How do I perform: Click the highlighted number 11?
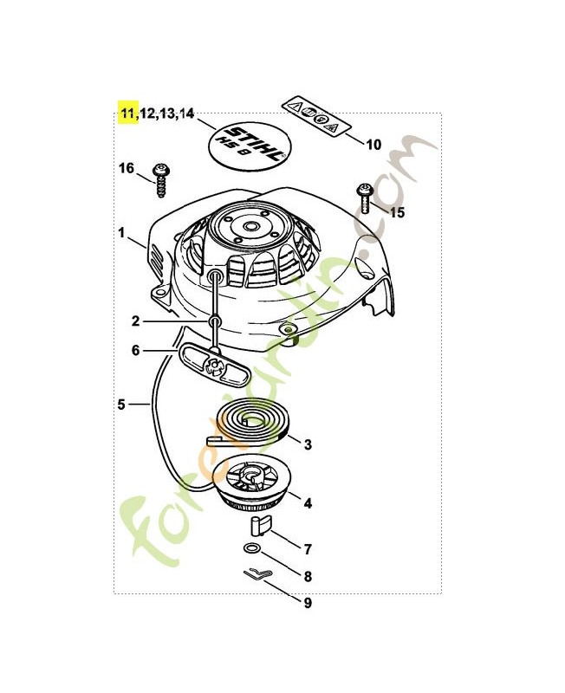[128, 113]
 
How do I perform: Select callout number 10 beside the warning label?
[373, 145]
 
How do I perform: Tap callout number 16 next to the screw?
[126, 168]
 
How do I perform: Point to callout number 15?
[398, 212]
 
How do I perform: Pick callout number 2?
[135, 321]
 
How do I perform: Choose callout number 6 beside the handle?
[135, 351]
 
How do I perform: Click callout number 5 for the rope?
[122, 404]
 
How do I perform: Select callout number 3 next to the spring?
[308, 445]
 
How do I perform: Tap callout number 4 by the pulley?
[308, 501]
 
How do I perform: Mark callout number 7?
[308, 548]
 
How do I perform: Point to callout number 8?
[308, 575]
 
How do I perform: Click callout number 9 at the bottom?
[308, 603]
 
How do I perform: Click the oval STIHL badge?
[250, 145]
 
